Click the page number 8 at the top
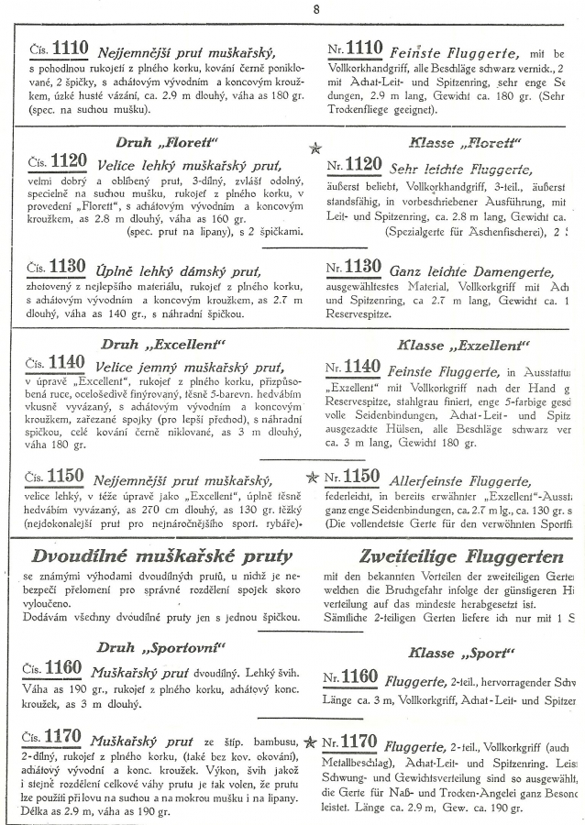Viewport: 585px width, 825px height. pyautogui.click(x=315, y=10)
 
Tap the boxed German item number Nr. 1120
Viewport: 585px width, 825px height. pyautogui.click(x=353, y=164)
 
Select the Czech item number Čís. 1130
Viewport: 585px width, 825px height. pyautogui.click(x=57, y=268)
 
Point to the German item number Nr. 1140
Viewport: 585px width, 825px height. pyautogui.click(x=353, y=368)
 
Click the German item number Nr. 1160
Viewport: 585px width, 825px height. pyautogui.click(x=353, y=677)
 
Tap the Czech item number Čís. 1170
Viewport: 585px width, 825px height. pyautogui.click(x=57, y=738)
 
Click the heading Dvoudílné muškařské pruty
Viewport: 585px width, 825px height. pyautogui.click(x=161, y=555)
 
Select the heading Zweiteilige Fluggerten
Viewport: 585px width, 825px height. pyautogui.click(x=448, y=556)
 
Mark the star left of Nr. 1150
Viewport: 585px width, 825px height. pyautogui.click(x=312, y=477)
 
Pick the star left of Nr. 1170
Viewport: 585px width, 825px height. pyautogui.click(x=312, y=741)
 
